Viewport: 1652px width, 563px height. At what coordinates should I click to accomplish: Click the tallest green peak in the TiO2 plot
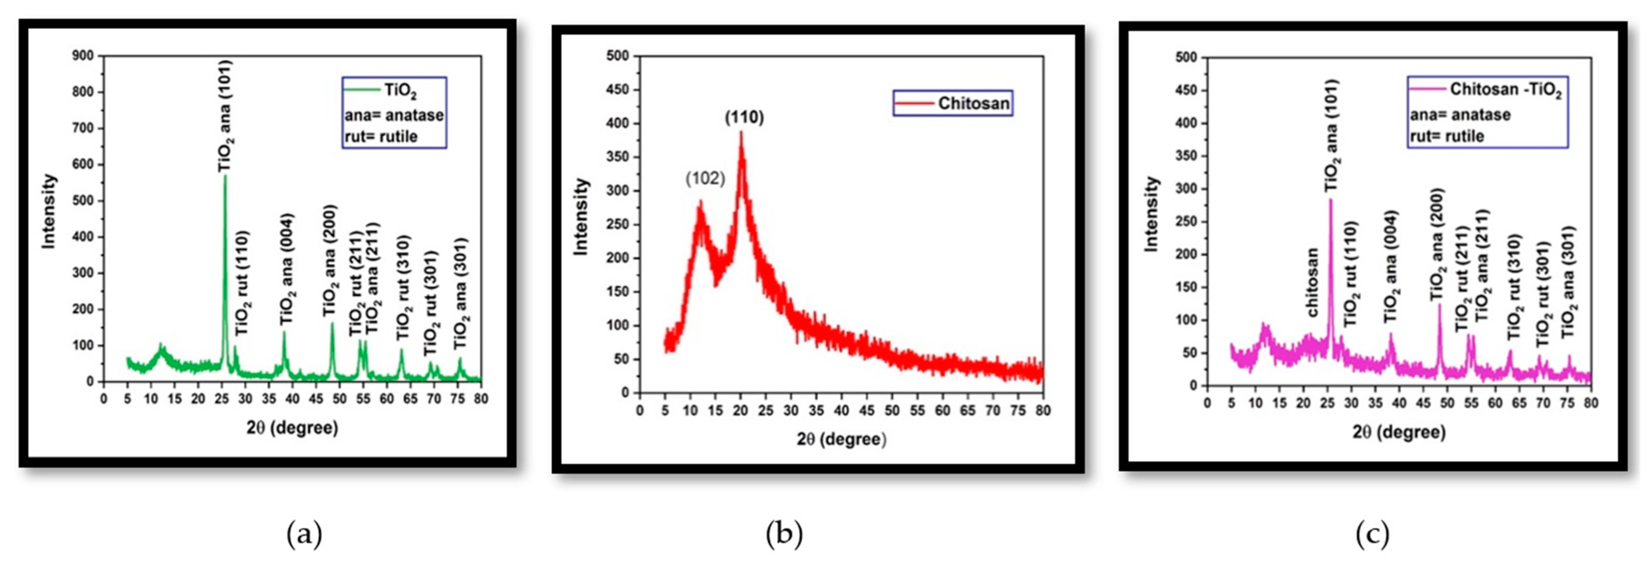[225, 177]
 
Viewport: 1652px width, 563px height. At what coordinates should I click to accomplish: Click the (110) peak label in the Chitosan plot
[744, 117]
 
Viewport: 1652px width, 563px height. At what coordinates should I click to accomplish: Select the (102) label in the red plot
[705, 178]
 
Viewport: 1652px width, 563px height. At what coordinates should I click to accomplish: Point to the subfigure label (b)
[784, 533]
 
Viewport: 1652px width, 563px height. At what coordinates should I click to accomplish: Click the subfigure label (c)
[1372, 533]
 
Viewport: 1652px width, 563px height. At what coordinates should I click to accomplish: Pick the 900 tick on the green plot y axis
[83, 56]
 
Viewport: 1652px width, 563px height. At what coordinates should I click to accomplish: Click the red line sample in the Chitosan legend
[915, 103]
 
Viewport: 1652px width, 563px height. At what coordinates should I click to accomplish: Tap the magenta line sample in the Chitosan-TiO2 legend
[1428, 88]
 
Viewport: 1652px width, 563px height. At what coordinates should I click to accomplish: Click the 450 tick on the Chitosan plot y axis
[617, 90]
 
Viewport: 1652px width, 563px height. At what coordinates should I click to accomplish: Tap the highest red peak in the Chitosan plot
[741, 133]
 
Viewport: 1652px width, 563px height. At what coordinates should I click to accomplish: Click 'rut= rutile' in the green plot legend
[381, 137]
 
